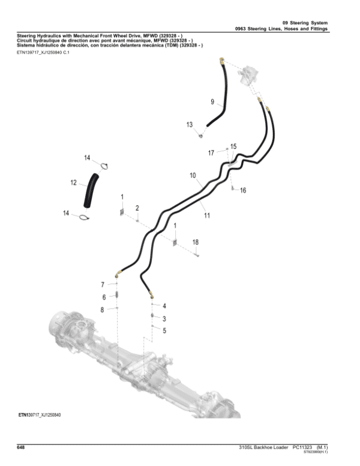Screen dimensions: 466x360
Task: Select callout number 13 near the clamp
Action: [x=190, y=125]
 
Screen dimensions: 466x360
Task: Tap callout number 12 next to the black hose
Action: [x=73, y=183]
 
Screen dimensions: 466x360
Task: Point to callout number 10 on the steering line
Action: [x=193, y=176]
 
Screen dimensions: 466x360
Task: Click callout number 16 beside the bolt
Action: [x=243, y=190]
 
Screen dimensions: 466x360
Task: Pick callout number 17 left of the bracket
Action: [x=211, y=153]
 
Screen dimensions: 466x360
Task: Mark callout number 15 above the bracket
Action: [x=233, y=147]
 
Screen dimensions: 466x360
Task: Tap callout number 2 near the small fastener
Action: [x=137, y=207]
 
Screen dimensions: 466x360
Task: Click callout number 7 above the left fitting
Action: [x=103, y=284]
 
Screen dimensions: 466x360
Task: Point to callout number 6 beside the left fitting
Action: [x=103, y=297]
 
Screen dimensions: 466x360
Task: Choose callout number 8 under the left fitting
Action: [x=103, y=310]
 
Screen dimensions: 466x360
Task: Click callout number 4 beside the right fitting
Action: [x=164, y=306]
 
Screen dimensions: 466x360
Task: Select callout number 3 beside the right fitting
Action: [x=164, y=318]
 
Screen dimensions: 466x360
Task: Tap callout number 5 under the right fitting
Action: [x=164, y=330]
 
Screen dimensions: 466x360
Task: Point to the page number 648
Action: [x=20, y=447]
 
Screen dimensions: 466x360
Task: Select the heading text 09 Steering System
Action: [x=305, y=22]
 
